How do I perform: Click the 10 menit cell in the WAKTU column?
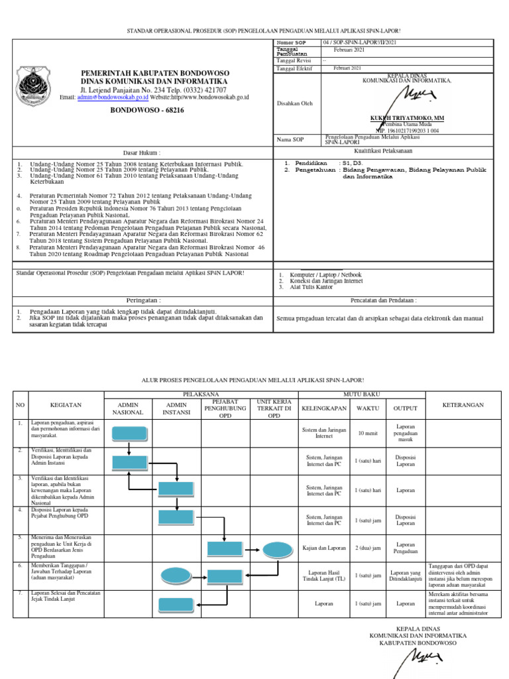pos(367,433)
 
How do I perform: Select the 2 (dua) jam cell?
pos(367,548)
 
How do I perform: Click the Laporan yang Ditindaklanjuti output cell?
pos(406,576)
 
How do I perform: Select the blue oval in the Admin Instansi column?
pos(175,576)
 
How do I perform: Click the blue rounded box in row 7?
pos(175,603)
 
